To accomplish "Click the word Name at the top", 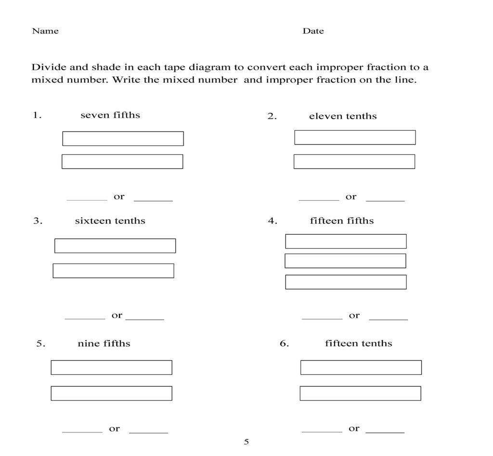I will coord(45,31).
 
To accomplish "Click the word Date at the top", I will coord(313,31).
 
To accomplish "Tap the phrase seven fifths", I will coord(110,115).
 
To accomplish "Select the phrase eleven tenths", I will coord(343,116).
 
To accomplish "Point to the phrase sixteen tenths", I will coord(110,221).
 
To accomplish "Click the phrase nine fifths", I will coord(104,343).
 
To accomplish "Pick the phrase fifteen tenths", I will coord(358,343).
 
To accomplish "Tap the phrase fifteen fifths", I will coord(342,221).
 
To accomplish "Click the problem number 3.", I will coord(38,221).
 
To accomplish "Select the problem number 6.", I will coord(284,343).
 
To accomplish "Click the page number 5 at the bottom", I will coord(246,442).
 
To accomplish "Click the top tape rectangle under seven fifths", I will coord(123,139).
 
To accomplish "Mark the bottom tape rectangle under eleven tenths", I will coord(354,162).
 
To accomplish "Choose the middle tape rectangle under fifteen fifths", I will coord(345,261).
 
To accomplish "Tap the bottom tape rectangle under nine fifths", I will coord(111,393).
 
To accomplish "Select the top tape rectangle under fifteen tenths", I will coord(361,367).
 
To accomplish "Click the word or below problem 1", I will coord(119,196).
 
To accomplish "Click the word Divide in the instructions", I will coord(47,67).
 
